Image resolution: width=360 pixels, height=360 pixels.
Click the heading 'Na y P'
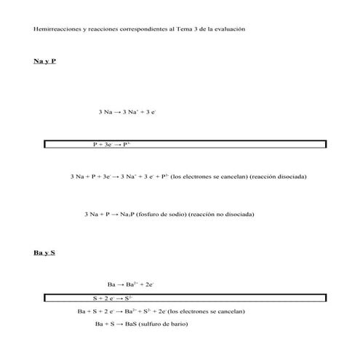44,61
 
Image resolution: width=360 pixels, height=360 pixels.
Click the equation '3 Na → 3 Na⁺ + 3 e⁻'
127,112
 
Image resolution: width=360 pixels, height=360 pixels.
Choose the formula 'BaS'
131,324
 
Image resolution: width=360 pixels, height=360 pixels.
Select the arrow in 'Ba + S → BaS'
119,324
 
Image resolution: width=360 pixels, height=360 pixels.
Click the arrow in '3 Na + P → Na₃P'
115,215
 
